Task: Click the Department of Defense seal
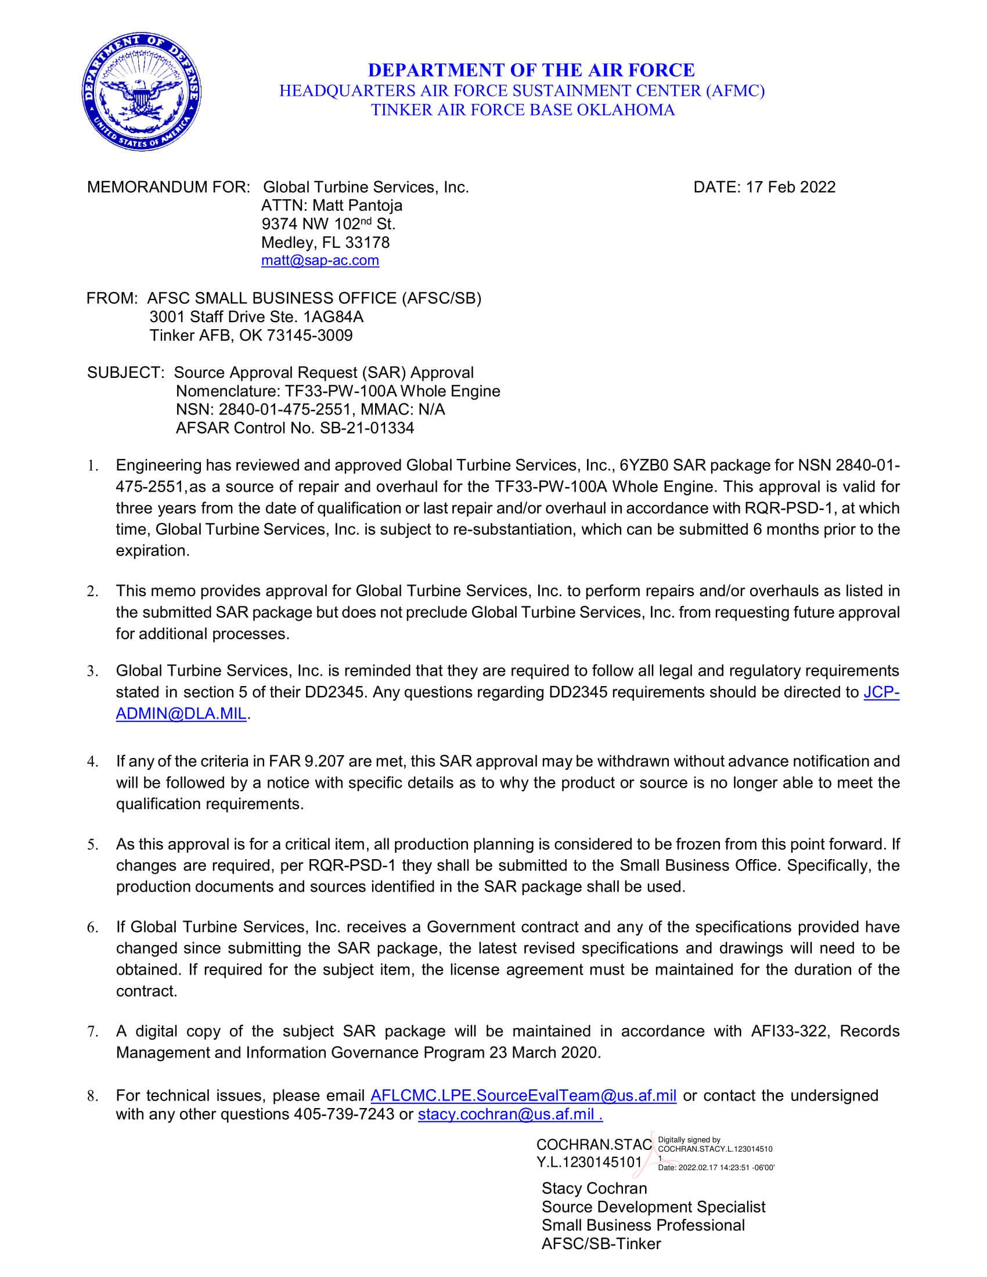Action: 142,93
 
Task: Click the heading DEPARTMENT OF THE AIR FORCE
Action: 531,70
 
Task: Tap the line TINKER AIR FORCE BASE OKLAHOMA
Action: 523,109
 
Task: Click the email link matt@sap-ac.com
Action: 320,260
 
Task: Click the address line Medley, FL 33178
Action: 325,242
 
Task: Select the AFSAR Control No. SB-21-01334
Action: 366,428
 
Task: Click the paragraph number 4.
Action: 92,762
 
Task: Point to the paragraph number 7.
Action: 92,1032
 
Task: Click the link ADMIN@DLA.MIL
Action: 181,714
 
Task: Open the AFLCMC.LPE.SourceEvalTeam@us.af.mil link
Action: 523,1095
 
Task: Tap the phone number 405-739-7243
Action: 344,1114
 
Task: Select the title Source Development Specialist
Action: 653,1207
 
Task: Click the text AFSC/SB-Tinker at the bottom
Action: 600,1244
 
